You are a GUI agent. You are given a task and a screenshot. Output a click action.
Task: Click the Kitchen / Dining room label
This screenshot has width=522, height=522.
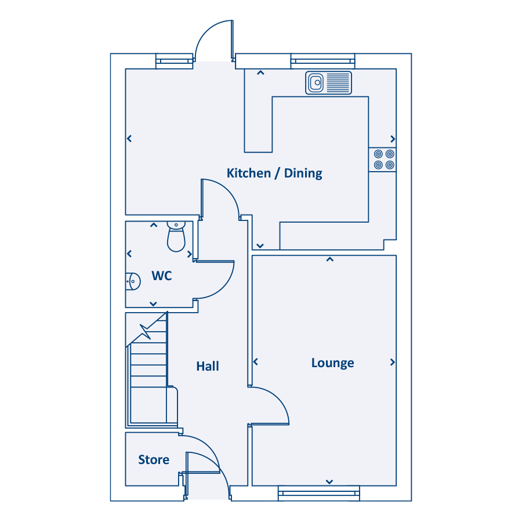(x=274, y=173)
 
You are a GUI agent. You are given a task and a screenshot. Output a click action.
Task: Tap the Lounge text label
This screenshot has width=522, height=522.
(x=332, y=363)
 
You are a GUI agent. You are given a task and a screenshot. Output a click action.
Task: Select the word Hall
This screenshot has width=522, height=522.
(x=208, y=366)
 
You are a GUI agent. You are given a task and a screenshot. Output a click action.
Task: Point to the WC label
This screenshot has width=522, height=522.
(x=162, y=276)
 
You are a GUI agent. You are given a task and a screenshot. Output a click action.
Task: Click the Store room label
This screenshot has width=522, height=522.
(x=154, y=460)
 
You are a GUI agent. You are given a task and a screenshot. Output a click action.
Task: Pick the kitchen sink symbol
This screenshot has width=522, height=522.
(x=329, y=83)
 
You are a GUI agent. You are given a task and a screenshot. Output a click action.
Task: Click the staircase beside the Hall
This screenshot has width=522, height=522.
(x=148, y=371)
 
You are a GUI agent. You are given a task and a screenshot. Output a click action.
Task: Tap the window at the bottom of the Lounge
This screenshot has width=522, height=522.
(x=319, y=494)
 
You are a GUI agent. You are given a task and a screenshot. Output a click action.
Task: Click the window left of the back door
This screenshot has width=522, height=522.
(x=174, y=61)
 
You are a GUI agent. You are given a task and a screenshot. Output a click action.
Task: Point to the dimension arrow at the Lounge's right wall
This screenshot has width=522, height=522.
(x=393, y=362)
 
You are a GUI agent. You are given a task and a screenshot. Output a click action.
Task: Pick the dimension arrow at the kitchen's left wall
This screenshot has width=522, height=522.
(x=129, y=139)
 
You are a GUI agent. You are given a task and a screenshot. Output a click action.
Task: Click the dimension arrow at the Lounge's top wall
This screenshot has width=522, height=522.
(x=329, y=259)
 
